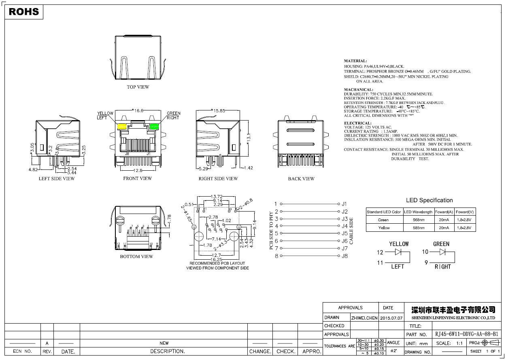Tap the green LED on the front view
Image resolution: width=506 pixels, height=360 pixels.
coord(154,126)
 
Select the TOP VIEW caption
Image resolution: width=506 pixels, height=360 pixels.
coord(138,87)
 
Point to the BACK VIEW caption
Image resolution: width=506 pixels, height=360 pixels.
coord(301,179)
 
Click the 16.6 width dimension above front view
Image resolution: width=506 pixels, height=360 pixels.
coord(139,110)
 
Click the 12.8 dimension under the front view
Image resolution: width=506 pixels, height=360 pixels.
coord(138,171)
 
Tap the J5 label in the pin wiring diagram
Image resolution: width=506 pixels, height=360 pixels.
coord(344,233)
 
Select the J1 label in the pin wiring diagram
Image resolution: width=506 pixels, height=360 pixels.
coord(344,204)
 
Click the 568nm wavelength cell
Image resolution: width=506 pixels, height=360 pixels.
coord(419,220)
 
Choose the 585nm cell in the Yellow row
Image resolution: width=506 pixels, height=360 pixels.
coord(419,228)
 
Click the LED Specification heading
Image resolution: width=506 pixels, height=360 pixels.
coord(429,200)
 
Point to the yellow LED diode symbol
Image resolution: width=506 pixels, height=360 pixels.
coord(399,252)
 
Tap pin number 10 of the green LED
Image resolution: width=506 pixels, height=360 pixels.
coord(425,252)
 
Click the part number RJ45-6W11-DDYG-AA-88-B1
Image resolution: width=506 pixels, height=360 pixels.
coord(467,335)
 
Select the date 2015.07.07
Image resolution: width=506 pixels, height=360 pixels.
coord(391,318)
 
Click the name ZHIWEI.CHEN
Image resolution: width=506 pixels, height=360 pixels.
coord(364,318)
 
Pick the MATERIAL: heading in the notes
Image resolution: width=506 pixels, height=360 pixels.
coord(356,61)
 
